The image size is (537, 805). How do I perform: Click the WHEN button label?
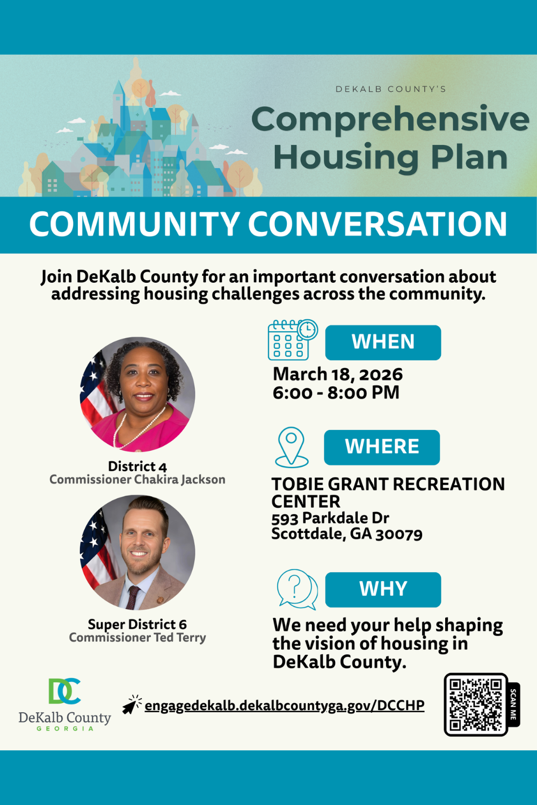(383, 342)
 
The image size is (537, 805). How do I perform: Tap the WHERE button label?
(382, 447)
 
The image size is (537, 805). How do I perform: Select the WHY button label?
(383, 589)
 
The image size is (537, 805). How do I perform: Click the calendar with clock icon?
(292, 340)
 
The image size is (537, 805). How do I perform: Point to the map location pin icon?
(292, 447)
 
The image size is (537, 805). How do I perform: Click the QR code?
(475, 704)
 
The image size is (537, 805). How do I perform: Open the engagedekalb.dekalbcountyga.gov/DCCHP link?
(285, 705)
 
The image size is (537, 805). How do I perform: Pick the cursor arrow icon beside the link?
(131, 705)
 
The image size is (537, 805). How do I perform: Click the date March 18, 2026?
(338, 374)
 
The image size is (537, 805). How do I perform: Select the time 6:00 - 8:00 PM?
(336, 392)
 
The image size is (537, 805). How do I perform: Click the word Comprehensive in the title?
(390, 119)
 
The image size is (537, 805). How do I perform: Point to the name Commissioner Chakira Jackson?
(137, 479)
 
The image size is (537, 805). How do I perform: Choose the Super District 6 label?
(137, 624)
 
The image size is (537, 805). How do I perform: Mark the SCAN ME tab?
(513, 704)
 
